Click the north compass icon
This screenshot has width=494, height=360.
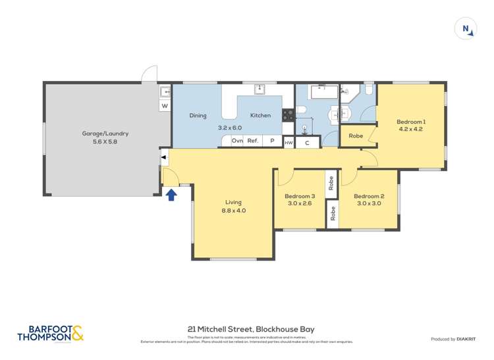pyautogui.click(x=466, y=28)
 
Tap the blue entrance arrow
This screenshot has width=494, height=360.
pyautogui.click(x=171, y=194)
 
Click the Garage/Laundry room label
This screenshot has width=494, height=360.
pyautogui.click(x=105, y=134)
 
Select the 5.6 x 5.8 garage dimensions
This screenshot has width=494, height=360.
pyautogui.click(x=105, y=141)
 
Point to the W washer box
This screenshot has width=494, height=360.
pyautogui.click(x=165, y=105)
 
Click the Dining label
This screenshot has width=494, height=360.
pyautogui.click(x=198, y=116)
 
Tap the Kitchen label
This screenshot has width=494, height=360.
pyautogui.click(x=260, y=116)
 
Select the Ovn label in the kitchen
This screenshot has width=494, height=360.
pyautogui.click(x=237, y=141)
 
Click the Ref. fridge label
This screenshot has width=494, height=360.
pyautogui.click(x=253, y=141)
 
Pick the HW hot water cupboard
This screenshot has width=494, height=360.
pyautogui.click(x=288, y=142)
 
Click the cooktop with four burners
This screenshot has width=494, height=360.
pyautogui.click(x=288, y=115)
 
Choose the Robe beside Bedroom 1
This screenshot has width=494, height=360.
pyautogui.click(x=356, y=136)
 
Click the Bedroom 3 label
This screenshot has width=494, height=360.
pyautogui.click(x=300, y=196)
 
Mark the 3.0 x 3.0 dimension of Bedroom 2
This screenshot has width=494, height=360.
pyautogui.click(x=368, y=204)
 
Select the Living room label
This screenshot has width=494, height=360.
pyautogui.click(x=233, y=202)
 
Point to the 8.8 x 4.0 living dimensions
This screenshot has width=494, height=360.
pyautogui.click(x=233, y=211)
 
